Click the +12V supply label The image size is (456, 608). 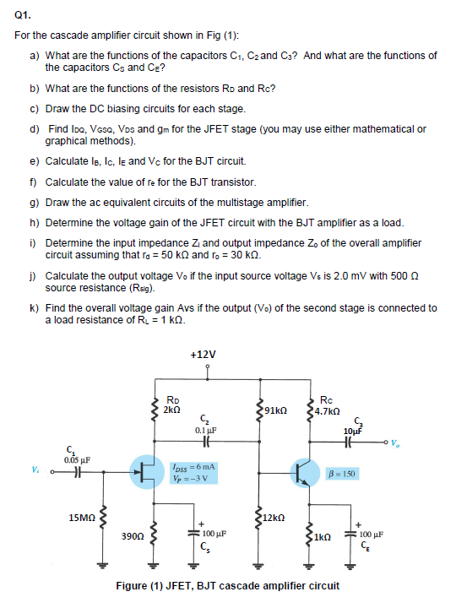[x=204, y=354]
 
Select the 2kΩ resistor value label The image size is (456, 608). [x=172, y=409]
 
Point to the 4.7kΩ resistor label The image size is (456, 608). [x=327, y=411]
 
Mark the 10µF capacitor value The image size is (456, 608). [x=354, y=430]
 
